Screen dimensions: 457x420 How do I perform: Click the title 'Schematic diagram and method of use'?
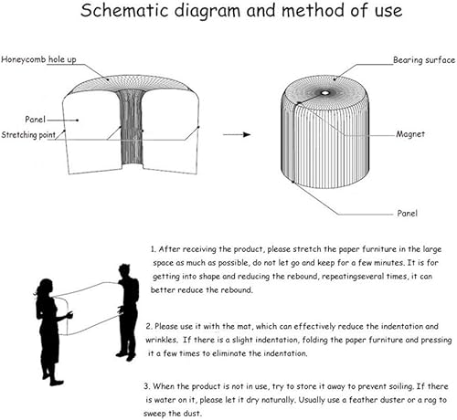point(241,11)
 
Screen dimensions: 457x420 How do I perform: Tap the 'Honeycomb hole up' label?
point(38,59)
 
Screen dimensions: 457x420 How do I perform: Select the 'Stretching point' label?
point(28,135)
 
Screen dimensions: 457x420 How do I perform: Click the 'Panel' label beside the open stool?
point(36,120)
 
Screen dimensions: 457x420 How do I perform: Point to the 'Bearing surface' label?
point(424,60)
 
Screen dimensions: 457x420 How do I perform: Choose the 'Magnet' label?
point(410,134)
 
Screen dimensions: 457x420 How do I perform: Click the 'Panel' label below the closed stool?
point(408,213)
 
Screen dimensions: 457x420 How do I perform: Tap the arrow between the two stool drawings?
point(237,134)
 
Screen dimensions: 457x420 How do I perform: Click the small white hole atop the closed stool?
point(324,93)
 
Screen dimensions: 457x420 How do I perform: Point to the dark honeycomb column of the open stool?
point(132,128)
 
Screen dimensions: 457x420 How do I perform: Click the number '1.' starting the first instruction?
point(154,249)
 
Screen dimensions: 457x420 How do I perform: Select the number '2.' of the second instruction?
point(149,327)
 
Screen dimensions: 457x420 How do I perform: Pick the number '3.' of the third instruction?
point(147,386)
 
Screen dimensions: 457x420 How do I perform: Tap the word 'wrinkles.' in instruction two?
point(162,340)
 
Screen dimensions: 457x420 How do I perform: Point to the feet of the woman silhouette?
point(53,379)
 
